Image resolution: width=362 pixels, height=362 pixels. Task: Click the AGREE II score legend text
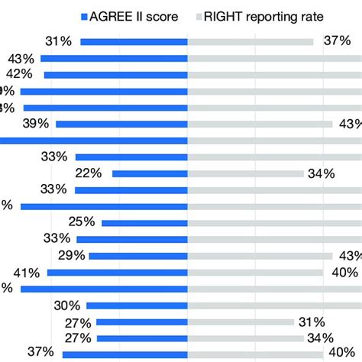(131, 15)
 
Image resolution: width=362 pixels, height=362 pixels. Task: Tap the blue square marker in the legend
(84, 15)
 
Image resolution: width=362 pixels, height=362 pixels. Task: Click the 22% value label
(88, 173)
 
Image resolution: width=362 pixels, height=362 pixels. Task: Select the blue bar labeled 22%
(150, 173)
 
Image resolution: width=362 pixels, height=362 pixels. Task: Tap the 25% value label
(81, 222)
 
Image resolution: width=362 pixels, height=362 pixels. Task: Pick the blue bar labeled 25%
(144, 222)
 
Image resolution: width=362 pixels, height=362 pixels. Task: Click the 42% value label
(19, 74)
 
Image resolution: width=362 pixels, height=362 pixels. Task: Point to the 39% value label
(37, 124)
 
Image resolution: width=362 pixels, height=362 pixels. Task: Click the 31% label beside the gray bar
(312, 322)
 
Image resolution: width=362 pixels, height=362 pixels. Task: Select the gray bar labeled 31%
(241, 322)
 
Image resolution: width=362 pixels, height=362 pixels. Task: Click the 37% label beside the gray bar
(335, 41)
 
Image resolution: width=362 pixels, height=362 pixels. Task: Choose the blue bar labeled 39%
(121, 124)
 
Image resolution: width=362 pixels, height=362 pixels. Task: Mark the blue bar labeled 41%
(117, 272)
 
